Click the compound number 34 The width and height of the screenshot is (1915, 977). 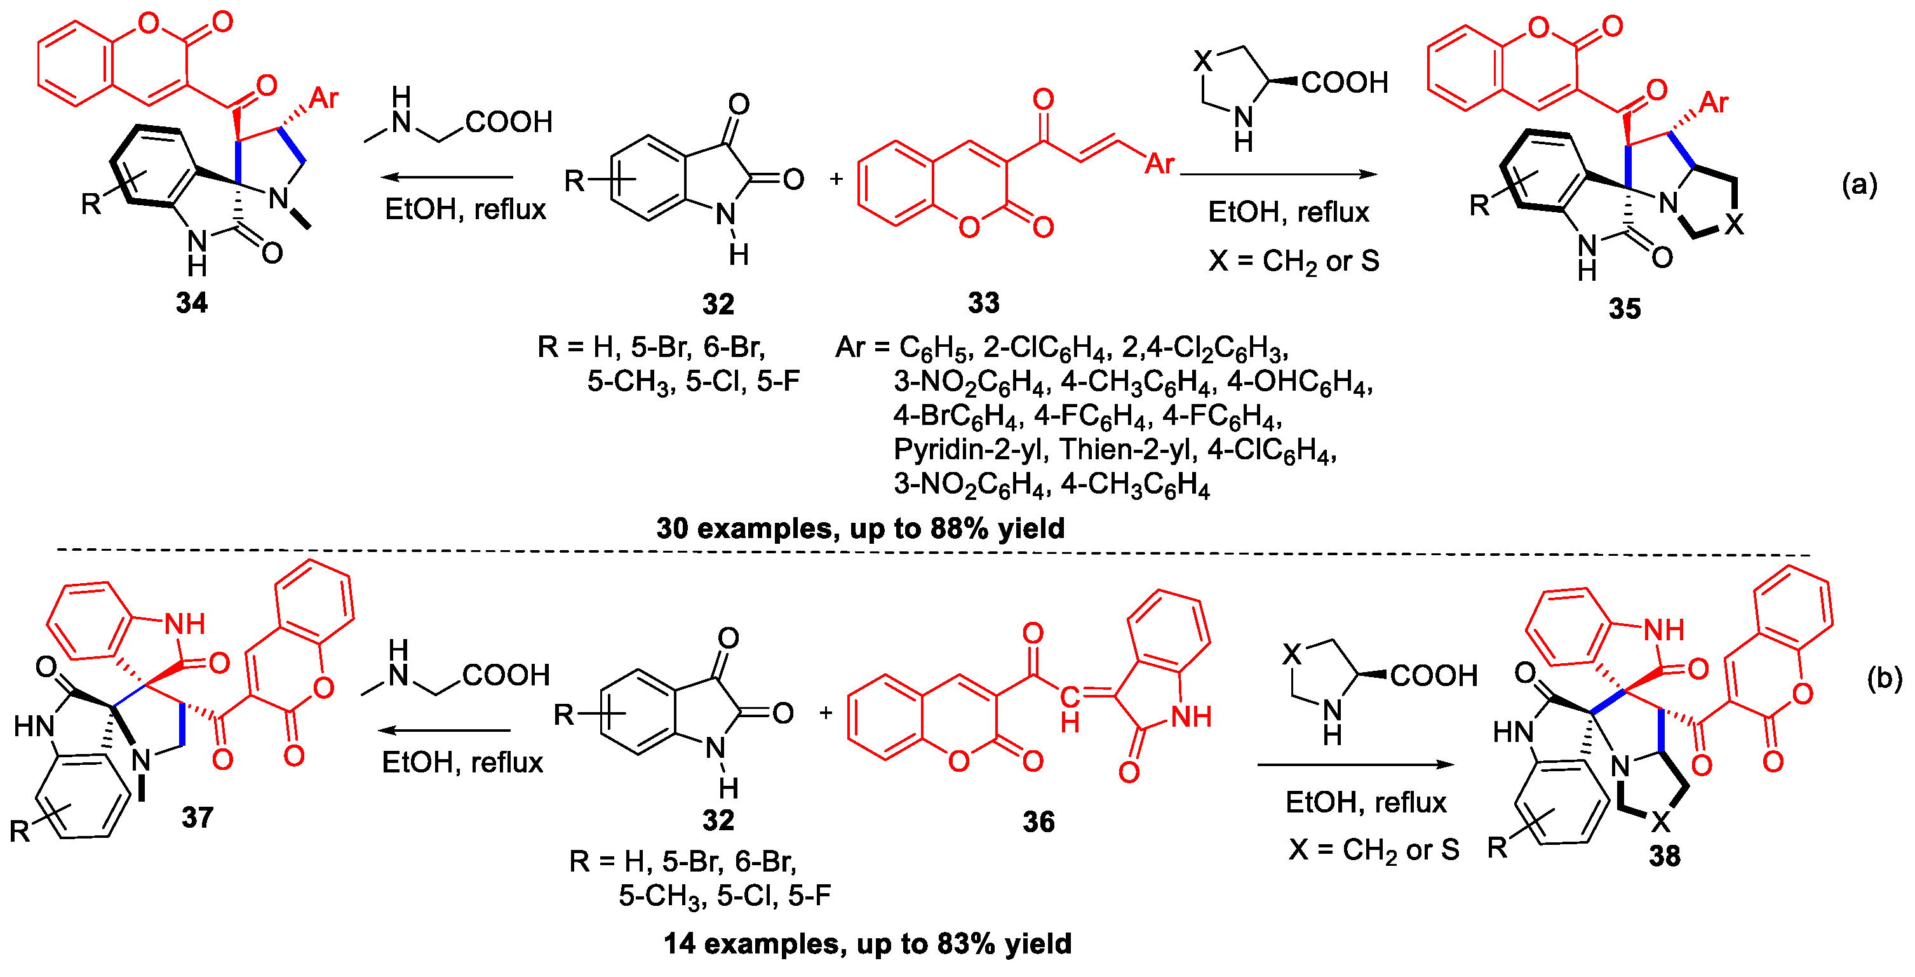192,302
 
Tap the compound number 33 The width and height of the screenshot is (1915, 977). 983,302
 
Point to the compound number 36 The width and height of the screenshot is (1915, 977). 1038,821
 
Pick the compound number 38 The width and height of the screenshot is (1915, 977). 1665,856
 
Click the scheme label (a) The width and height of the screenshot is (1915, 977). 1859,184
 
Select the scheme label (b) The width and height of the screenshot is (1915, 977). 1885,677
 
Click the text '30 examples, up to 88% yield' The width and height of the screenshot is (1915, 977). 860,528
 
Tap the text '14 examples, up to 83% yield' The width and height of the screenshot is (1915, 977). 868,943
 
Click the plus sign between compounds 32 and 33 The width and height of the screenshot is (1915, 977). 837,179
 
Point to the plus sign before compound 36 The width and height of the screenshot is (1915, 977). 826,713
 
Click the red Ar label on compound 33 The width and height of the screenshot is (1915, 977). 1160,163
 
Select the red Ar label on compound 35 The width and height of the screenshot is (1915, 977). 1714,102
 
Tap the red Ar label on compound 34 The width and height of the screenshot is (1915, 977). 323,97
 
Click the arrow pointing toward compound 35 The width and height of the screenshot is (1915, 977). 1279,175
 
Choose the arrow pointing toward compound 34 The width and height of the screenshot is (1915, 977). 446,177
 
